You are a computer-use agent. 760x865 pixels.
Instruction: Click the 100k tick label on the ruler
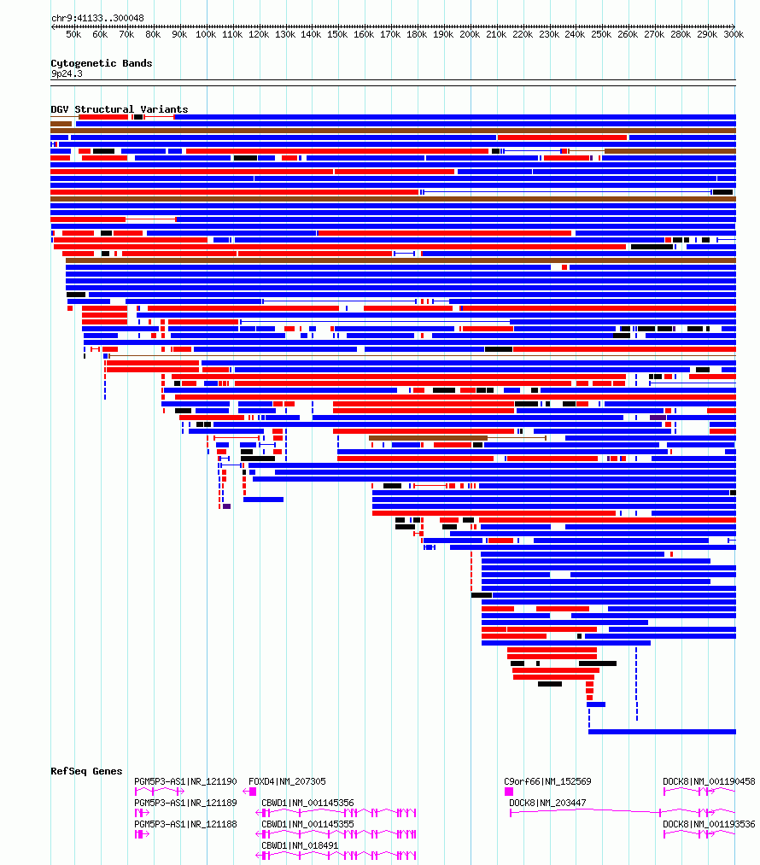206,34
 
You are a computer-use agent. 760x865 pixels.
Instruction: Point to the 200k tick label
470,34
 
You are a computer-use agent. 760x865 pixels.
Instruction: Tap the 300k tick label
734,34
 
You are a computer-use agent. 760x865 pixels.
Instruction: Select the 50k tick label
74,34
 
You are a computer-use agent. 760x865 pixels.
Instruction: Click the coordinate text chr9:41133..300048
97,18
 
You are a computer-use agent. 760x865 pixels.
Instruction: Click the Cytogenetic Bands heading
102,63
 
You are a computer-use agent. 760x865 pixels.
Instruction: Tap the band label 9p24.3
67,73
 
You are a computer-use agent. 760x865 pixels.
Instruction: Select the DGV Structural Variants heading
120,109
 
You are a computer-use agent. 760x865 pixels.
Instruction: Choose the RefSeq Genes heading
86,771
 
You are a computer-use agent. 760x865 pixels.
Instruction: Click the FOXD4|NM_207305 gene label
287,781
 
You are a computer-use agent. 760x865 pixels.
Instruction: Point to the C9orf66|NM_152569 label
547,781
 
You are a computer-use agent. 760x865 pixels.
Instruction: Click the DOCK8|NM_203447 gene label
547,803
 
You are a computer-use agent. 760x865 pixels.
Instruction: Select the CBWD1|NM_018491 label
300,845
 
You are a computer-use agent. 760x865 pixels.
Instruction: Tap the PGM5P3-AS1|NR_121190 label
186,781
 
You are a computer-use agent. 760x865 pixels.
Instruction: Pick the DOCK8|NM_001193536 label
710,824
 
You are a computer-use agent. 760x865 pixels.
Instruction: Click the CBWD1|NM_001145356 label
307,803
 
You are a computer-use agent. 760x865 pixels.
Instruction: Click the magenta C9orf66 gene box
508,792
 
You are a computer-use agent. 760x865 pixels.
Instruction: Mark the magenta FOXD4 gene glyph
250,792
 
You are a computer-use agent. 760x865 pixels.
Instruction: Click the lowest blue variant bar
662,732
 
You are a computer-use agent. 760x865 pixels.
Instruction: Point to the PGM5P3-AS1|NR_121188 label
186,824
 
